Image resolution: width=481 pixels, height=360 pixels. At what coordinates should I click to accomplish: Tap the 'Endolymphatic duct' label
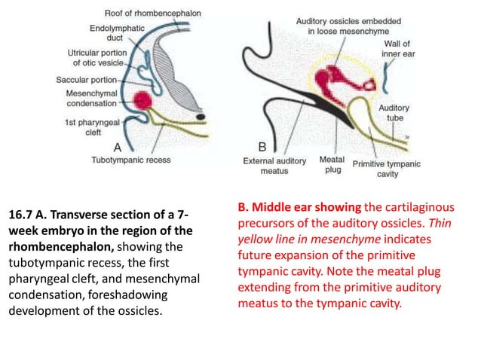(90, 34)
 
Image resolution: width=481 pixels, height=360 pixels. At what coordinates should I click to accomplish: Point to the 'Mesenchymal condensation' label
(90, 98)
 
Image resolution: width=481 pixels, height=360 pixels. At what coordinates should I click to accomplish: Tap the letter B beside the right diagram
(262, 146)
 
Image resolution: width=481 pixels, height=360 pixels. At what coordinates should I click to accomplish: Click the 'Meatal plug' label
(332, 165)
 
